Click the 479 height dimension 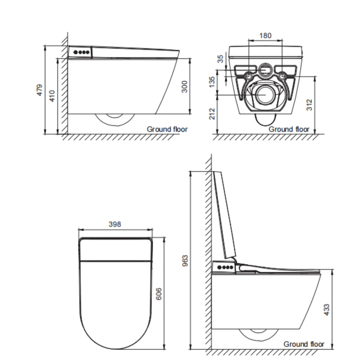(x=40, y=90)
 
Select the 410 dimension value (x=53, y=95)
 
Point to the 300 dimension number (x=184, y=86)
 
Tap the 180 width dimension (x=265, y=35)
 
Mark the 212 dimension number (x=212, y=114)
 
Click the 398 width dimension (x=115, y=224)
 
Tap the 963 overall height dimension (x=185, y=260)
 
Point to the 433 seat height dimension (x=326, y=310)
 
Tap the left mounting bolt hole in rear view (x=248, y=76)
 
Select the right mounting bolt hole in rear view (x=283, y=76)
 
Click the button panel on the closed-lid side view (x=81, y=52)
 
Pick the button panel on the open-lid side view (x=224, y=267)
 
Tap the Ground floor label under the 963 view (x=304, y=344)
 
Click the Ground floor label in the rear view (x=289, y=129)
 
